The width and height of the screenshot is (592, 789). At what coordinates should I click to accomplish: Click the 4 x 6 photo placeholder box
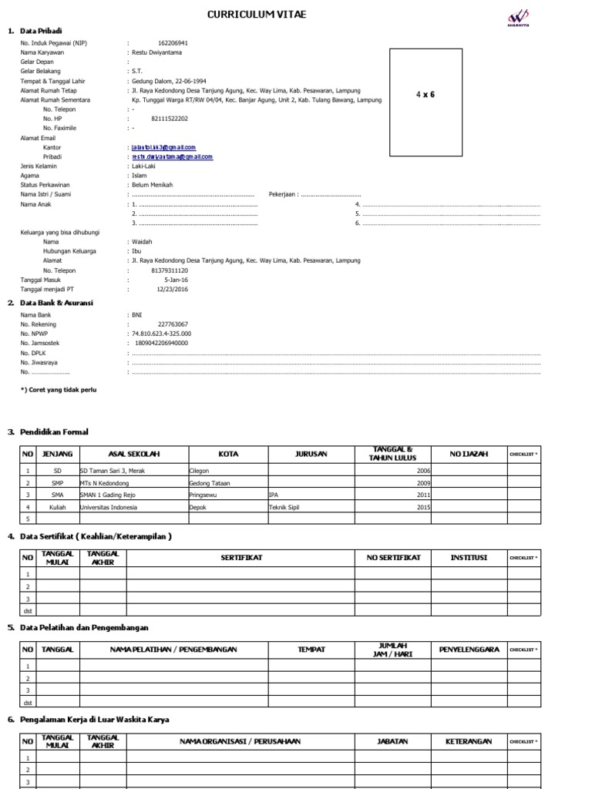coord(425,102)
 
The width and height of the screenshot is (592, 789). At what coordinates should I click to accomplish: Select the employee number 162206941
coord(173,43)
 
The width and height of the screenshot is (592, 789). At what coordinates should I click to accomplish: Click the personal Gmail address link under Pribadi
coord(172,156)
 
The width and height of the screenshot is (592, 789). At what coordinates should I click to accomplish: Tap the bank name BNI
coord(137,315)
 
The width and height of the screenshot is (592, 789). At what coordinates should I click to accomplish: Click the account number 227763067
coord(173,324)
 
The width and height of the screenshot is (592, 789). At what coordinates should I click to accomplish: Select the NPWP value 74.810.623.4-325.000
coord(163,334)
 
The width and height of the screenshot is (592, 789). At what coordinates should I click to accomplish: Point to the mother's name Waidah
coord(143,241)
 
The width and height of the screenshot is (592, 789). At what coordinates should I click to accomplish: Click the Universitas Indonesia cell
coord(109,508)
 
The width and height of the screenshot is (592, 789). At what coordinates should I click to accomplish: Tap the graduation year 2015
coord(423,508)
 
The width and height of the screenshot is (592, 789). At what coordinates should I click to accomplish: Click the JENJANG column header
coord(57,454)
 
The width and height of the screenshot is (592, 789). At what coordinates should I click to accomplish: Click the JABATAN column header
coord(392,741)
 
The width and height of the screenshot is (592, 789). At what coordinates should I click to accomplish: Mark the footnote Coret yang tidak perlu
coord(59,390)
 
